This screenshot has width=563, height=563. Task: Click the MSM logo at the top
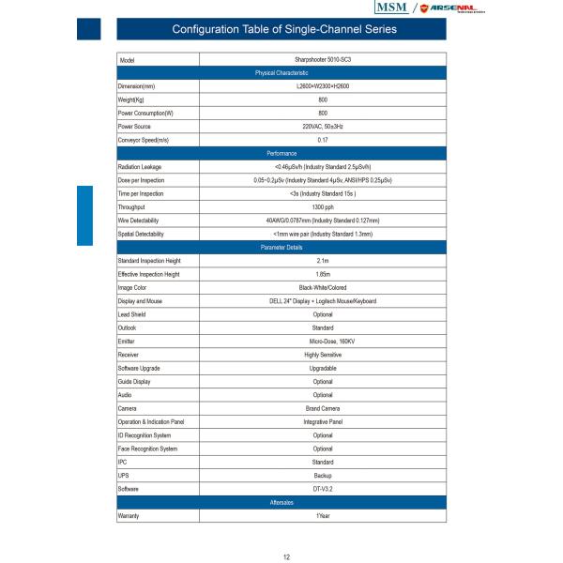point(393,8)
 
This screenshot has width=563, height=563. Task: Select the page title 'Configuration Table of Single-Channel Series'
point(284,29)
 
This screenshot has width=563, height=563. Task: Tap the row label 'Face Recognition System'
point(147,449)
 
